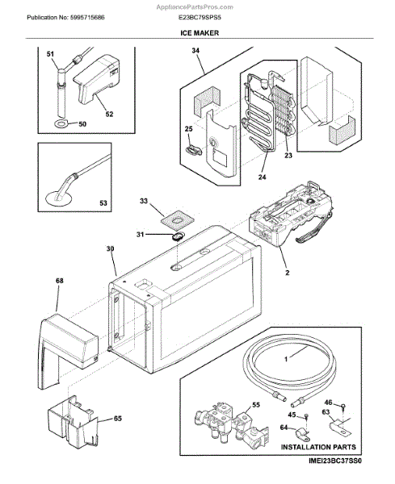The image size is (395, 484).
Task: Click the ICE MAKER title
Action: pos(200,33)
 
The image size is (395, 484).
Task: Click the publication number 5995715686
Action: pos(87,17)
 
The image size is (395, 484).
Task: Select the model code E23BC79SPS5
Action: pos(200,17)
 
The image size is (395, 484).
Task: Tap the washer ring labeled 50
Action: pos(61,124)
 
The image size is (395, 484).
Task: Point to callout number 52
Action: pos(109,115)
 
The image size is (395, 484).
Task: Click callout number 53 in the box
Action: pos(103,202)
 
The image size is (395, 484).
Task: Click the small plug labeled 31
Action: pos(177,236)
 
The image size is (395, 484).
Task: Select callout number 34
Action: pos(195,51)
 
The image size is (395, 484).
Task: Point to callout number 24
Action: pos(262,177)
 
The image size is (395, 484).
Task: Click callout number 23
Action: pos(288,156)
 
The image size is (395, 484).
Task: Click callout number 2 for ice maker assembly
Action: pos(288,273)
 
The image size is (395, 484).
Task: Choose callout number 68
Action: pos(59,281)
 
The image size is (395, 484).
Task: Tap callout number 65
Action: pos(118,419)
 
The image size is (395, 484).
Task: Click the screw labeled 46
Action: pos(342,406)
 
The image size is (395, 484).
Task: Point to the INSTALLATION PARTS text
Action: pos(318,447)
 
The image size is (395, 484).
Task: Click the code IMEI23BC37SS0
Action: pos(334,461)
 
